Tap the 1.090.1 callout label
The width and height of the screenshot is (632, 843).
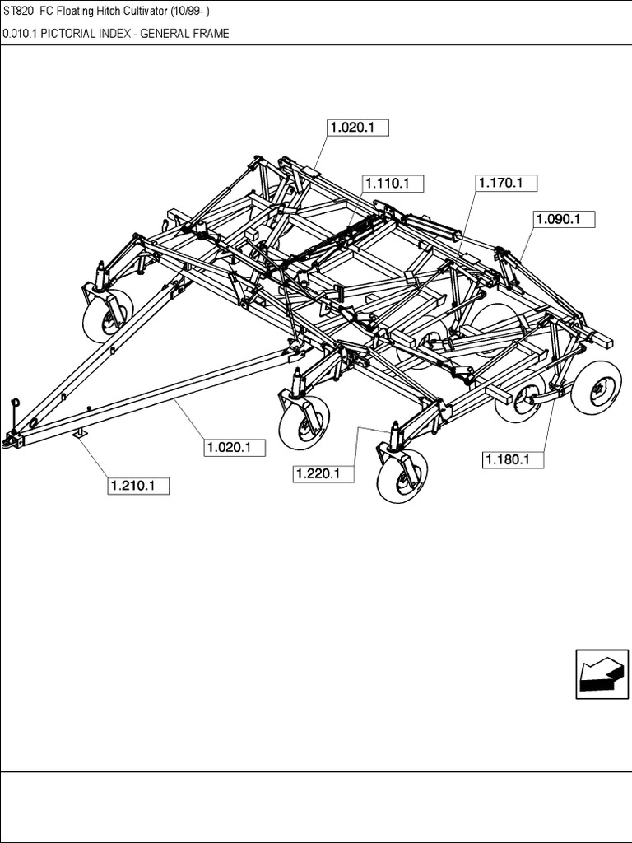pyautogui.click(x=565, y=220)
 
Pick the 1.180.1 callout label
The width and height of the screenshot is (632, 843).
pyautogui.click(x=513, y=459)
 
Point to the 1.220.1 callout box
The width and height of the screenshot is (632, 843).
pyautogui.click(x=323, y=473)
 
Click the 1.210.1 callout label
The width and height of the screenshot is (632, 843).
pyautogui.click(x=138, y=486)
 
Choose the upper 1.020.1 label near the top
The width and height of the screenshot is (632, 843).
pyautogui.click(x=357, y=128)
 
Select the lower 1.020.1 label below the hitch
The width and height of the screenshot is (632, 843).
pyautogui.click(x=235, y=447)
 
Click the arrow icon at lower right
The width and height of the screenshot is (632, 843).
pyautogui.click(x=597, y=673)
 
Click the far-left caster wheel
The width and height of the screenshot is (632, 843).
pyautogui.click(x=108, y=314)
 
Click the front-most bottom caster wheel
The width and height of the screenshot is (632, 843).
pyautogui.click(x=402, y=477)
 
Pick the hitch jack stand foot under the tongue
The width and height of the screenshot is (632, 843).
pyautogui.click(x=80, y=434)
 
